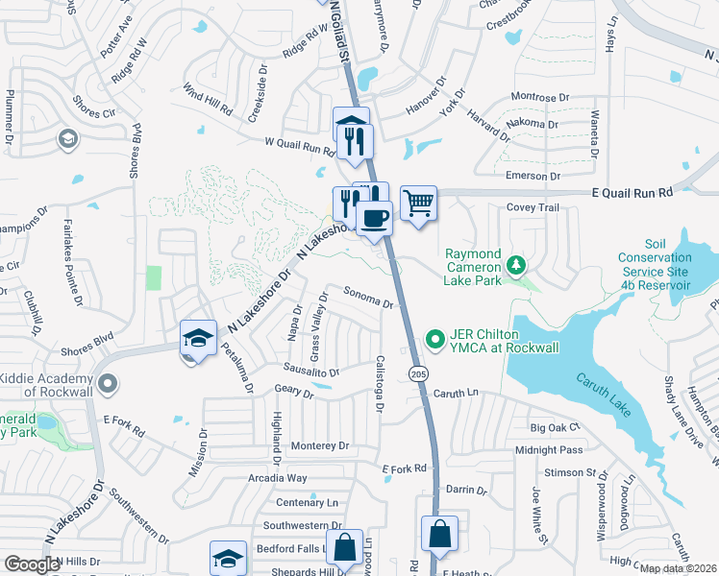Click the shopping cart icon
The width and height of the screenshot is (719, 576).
click(418, 204)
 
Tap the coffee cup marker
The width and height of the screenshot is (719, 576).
click(374, 217)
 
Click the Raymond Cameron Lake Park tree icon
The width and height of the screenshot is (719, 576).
click(516, 263)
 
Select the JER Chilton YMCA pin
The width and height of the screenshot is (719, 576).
click(434, 338)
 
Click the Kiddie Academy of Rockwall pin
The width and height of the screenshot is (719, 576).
click(107, 384)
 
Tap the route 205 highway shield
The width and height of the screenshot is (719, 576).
click(417, 372)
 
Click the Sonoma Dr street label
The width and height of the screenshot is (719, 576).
click(369, 300)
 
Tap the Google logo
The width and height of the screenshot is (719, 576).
click(32, 564)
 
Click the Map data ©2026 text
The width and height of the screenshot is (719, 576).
click(678, 568)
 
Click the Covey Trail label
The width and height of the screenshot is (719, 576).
click(532, 208)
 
